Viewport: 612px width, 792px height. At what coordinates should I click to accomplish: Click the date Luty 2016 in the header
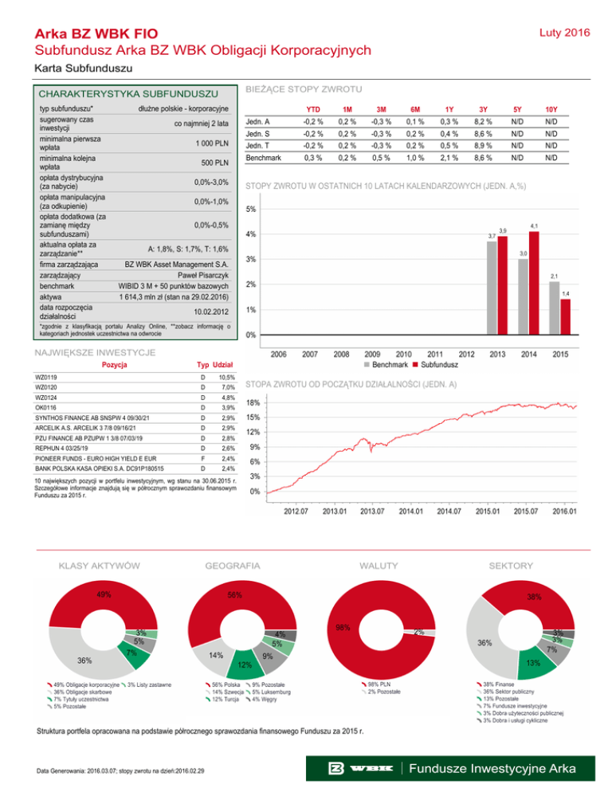click(567, 33)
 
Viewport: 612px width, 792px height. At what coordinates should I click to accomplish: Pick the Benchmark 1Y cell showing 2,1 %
click(449, 159)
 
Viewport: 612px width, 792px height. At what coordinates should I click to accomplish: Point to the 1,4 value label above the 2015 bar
click(565, 294)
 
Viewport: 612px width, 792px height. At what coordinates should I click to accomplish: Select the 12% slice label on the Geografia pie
click(245, 665)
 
